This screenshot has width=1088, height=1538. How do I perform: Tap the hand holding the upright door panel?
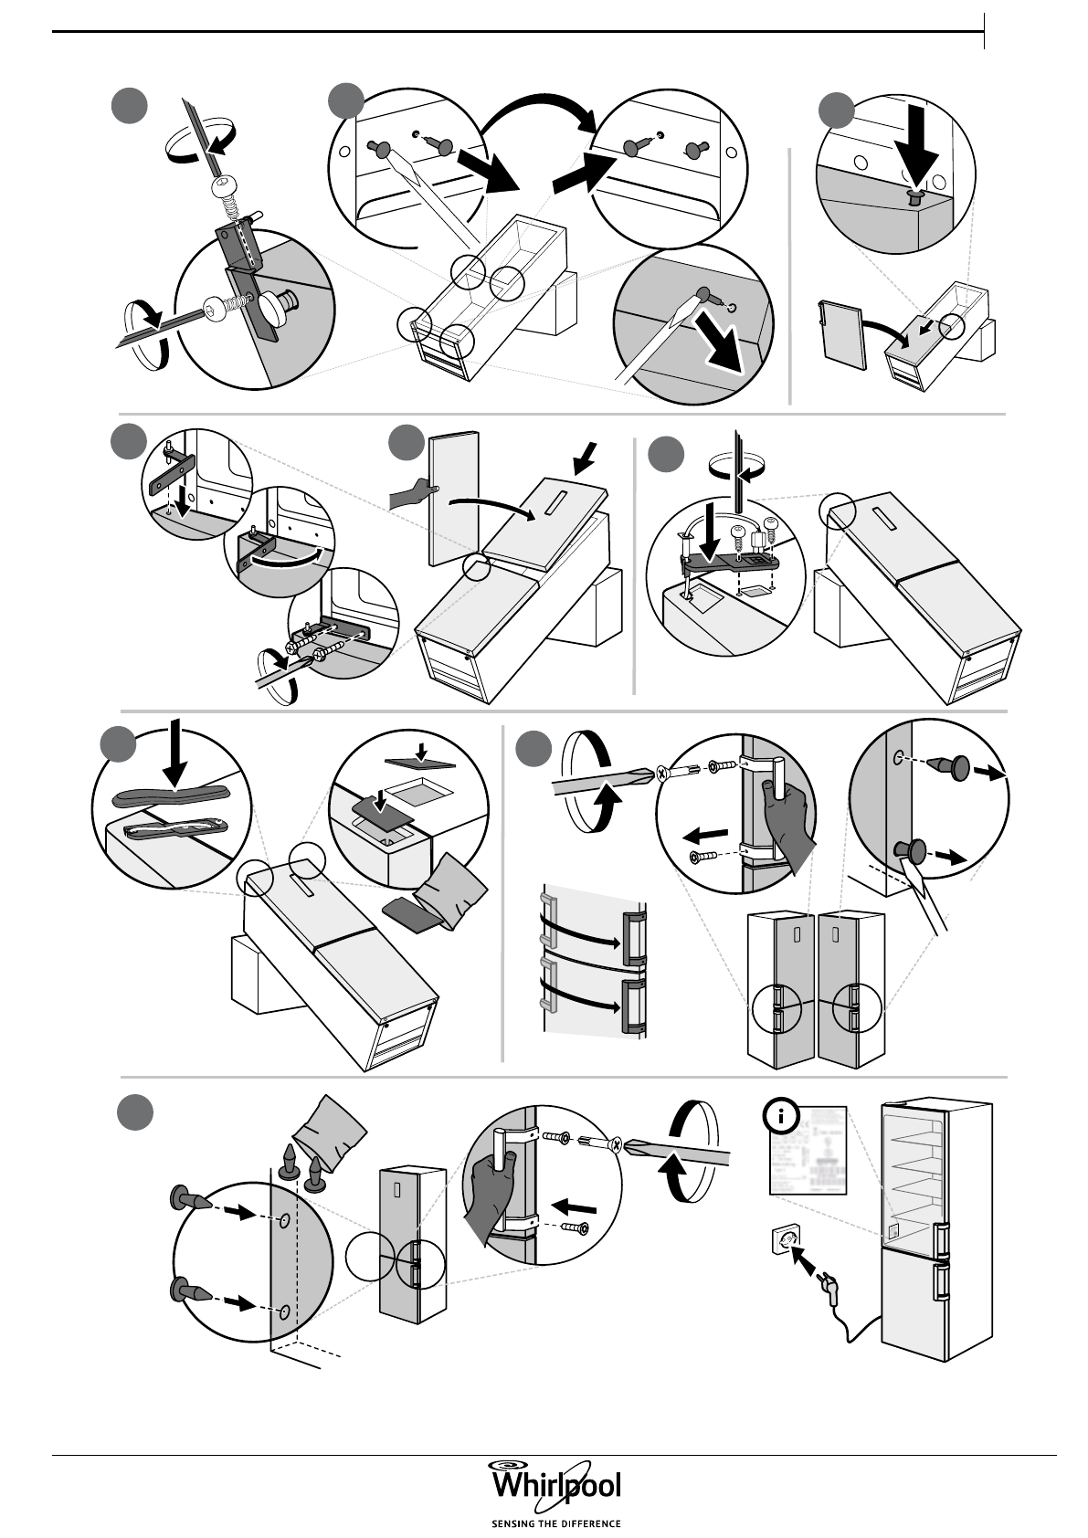click(x=409, y=496)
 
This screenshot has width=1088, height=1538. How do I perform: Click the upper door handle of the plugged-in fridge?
click(x=941, y=1238)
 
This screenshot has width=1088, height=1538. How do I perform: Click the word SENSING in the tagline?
click(x=512, y=1523)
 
